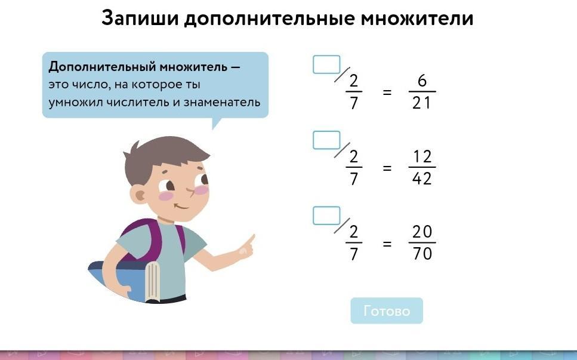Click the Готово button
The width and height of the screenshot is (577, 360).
(x=387, y=310)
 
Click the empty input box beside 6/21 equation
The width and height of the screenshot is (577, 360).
(x=326, y=65)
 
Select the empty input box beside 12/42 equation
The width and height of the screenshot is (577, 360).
(x=326, y=140)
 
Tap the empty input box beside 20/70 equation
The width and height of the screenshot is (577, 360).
(x=326, y=216)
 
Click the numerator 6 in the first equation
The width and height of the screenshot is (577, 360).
(x=422, y=81)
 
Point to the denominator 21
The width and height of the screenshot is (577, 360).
(x=421, y=103)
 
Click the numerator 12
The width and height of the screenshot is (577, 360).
(x=422, y=156)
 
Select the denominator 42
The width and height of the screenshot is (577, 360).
(x=422, y=179)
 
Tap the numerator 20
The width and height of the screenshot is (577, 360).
(x=422, y=232)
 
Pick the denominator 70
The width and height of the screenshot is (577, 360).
(x=422, y=254)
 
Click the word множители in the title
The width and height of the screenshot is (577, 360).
(x=417, y=19)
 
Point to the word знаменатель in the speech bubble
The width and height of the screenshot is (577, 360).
(x=222, y=102)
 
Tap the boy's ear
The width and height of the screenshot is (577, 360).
(x=139, y=195)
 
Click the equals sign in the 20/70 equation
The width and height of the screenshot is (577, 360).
(x=387, y=244)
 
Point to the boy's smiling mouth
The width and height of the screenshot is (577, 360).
(x=181, y=207)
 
